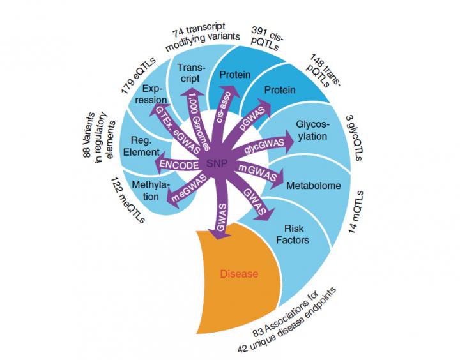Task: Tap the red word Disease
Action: [x=238, y=274]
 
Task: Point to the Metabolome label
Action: [x=314, y=186]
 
